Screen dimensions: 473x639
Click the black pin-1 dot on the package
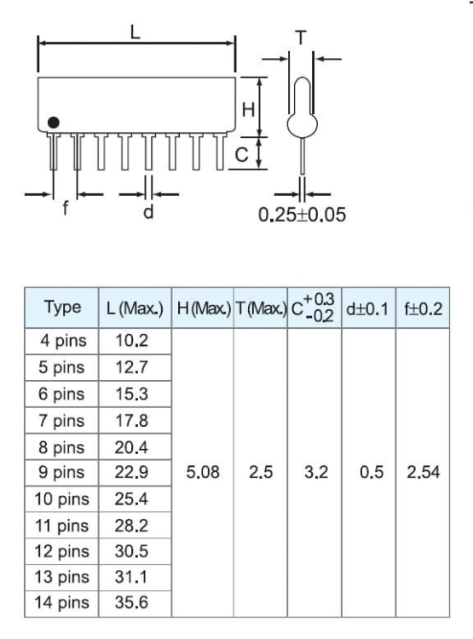pos(54,122)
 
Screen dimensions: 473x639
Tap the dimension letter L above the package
pos(135,32)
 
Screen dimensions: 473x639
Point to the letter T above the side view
pos(301,37)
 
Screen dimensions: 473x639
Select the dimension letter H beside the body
pos(248,110)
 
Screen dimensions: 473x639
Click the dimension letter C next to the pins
pos(242,155)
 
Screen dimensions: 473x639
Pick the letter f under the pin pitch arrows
pos(66,208)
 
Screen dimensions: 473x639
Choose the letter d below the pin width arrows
pos(148,211)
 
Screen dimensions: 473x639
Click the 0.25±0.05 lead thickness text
pos(303,215)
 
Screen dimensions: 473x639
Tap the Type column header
pos(62,308)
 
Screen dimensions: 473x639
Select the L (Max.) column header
pos(135,308)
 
